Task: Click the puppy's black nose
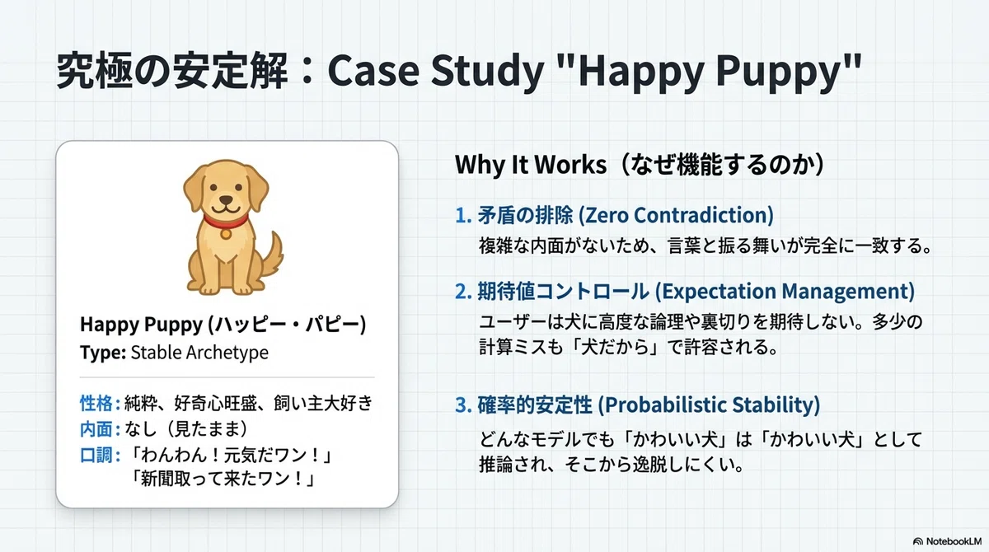(226, 201)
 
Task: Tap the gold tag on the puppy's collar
(226, 234)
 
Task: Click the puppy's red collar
(226, 222)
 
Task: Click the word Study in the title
(486, 71)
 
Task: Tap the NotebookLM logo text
(954, 541)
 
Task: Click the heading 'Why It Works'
(531, 165)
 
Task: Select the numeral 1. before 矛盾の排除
(463, 215)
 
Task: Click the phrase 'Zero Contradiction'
(676, 215)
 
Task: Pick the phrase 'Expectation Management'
(785, 291)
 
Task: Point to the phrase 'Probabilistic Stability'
(709, 405)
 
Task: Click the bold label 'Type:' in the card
(103, 353)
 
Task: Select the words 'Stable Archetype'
(199, 353)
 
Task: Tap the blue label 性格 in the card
(96, 403)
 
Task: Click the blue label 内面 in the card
(96, 429)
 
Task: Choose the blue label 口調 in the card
(96, 455)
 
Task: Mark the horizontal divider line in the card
(227, 377)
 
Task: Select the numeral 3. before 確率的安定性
(463, 405)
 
